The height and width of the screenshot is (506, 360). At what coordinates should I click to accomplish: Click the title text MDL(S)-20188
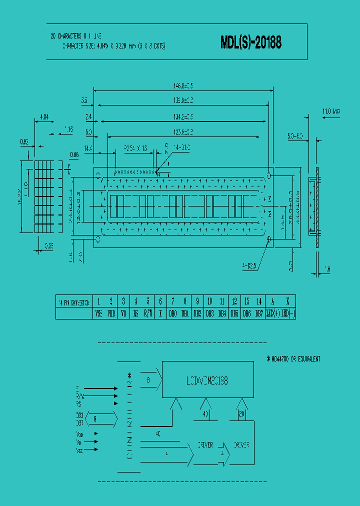click(251, 43)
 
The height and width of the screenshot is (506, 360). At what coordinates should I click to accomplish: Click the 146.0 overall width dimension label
click(183, 85)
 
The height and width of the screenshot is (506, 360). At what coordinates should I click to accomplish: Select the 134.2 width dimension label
click(183, 116)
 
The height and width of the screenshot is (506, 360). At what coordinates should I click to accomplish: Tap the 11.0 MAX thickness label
click(330, 111)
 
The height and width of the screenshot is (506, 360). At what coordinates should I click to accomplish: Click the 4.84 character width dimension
click(44, 117)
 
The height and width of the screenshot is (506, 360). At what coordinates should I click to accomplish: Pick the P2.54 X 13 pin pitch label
click(135, 148)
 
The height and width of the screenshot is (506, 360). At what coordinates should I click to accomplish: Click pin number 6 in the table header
click(160, 301)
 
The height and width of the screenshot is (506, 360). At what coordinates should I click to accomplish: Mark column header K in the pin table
click(287, 301)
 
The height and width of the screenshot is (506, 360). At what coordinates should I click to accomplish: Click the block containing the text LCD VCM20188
click(207, 379)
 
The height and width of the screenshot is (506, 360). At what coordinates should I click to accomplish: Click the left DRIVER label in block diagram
click(205, 444)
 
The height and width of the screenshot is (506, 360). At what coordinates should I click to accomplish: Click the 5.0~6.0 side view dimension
click(295, 135)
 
